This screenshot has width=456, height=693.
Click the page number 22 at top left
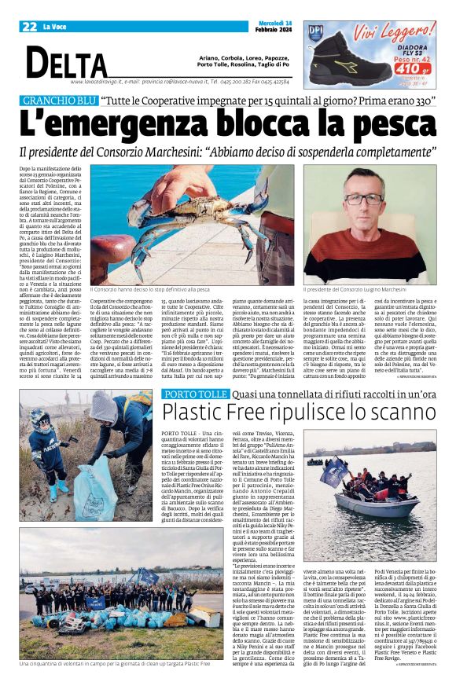tap(29, 27)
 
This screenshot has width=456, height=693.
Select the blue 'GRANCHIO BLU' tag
tap(58, 101)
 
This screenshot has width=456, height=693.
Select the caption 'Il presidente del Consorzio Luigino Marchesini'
tap(366, 290)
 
